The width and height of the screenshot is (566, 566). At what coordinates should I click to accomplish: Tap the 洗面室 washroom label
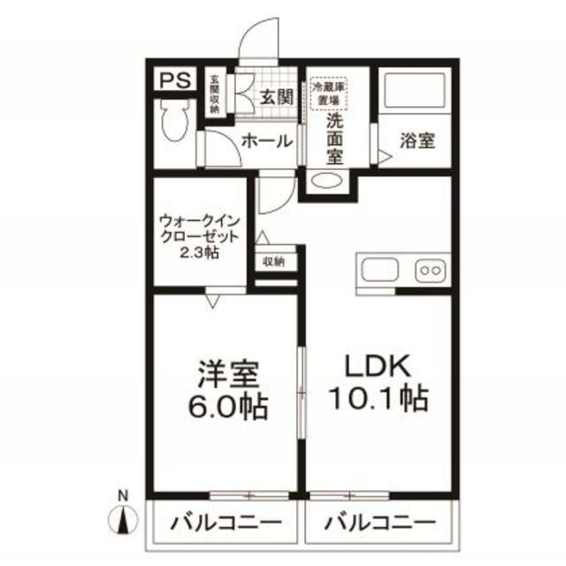click(335, 137)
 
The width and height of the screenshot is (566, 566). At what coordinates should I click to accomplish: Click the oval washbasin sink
click(328, 181)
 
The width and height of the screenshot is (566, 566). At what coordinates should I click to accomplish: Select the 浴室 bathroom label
click(417, 140)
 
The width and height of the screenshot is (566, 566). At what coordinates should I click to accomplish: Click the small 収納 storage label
click(273, 262)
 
